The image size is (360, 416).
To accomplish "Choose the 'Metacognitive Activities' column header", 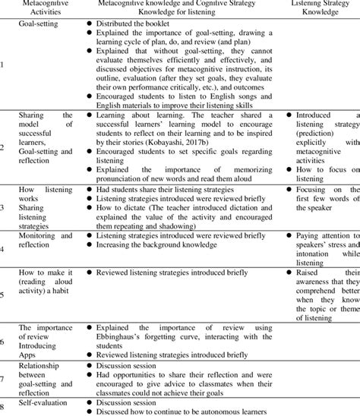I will point(44,8).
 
